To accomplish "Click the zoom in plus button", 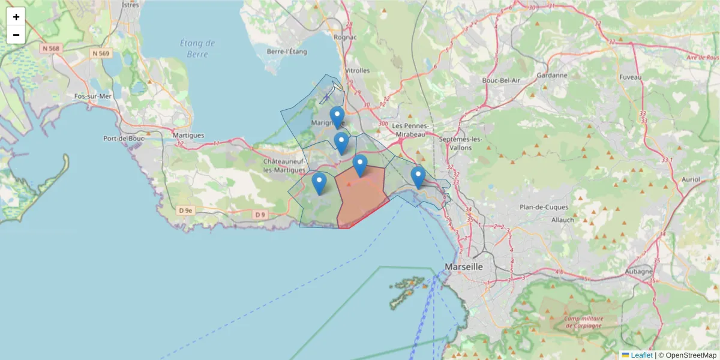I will point(16,17).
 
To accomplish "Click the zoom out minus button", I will point(16,35).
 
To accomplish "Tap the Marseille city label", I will point(464,266).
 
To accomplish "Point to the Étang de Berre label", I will point(197,49).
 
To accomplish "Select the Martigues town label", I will point(188,135).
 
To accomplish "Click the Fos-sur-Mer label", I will point(92,96).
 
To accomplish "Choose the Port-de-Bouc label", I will point(122,138).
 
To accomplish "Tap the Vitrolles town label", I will point(357,70).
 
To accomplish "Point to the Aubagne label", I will point(638,271).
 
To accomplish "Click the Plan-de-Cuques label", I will point(544,207).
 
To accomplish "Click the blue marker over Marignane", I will point(337,116).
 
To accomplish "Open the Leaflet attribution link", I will point(641,355).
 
